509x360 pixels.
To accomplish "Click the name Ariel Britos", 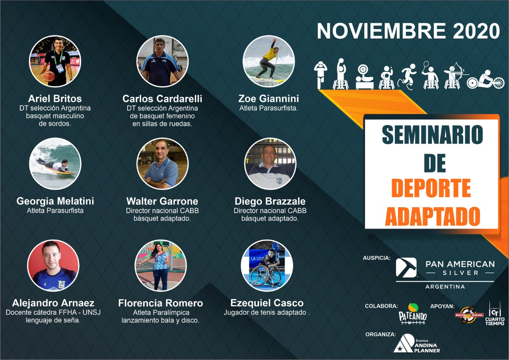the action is (x=55, y=99).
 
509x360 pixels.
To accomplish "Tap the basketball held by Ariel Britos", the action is (x=49, y=76).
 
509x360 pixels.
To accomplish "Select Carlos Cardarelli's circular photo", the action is (x=162, y=61).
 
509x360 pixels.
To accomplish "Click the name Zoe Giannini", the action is (x=268, y=99).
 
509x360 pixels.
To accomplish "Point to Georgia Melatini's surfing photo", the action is (x=55, y=163).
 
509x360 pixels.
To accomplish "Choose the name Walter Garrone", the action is (x=162, y=201).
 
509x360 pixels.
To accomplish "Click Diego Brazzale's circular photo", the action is (x=270, y=163).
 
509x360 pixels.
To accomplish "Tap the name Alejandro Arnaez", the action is (x=53, y=303).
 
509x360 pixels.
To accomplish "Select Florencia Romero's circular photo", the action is (x=161, y=265).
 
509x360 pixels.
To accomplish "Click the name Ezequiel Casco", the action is (x=267, y=303).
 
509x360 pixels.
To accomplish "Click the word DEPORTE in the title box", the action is (x=431, y=188).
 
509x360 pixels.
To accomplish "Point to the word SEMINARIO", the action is (x=432, y=134).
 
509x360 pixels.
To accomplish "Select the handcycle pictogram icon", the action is (x=486, y=80).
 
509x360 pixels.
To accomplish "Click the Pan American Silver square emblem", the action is (x=406, y=267).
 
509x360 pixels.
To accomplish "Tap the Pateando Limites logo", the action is (x=413, y=313).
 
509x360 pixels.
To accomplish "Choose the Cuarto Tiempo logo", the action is (x=495, y=313).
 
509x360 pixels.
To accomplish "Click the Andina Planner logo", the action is (x=416, y=343).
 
